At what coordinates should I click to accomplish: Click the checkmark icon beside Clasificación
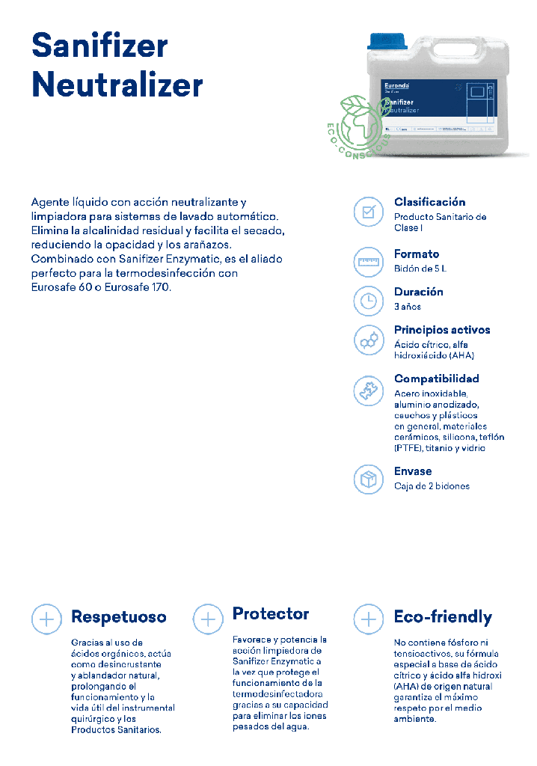tap(368, 212)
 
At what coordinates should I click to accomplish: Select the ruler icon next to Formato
tap(368, 262)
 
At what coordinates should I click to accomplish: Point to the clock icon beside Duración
tap(368, 301)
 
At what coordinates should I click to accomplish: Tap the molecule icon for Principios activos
tap(368, 340)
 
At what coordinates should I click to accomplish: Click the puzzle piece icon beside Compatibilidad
tap(368, 390)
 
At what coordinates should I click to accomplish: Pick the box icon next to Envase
tap(368, 479)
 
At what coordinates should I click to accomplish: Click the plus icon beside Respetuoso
tap(46, 619)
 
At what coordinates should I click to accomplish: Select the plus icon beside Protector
tap(208, 619)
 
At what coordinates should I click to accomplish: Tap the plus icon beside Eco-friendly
tap(368, 619)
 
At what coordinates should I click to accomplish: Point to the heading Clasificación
tap(429, 202)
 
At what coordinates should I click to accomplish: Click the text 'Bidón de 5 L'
tap(420, 268)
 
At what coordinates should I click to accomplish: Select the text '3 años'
tap(408, 306)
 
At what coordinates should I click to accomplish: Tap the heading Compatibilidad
tap(436, 379)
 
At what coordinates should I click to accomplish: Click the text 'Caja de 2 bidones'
tap(432, 485)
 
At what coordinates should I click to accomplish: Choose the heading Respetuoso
tap(118, 617)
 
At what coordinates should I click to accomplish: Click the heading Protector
tap(270, 614)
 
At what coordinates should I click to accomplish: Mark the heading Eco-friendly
tap(443, 617)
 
